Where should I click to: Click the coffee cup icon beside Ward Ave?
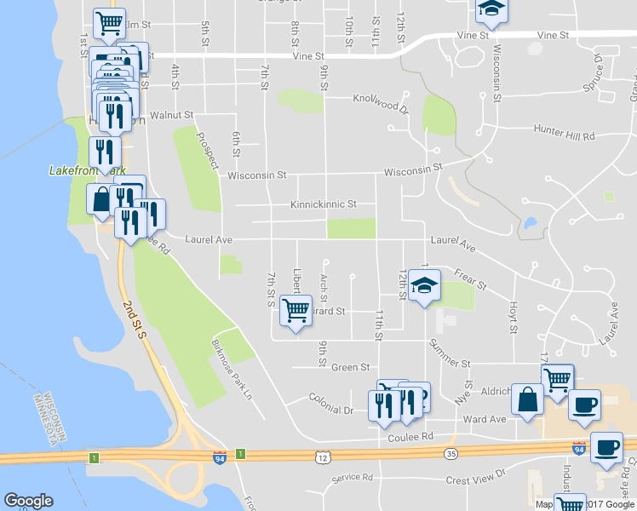584,405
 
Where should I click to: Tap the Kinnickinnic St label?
323,205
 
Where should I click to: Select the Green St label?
351,367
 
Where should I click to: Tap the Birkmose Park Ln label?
232,370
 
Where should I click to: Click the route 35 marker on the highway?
450,454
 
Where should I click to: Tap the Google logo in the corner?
29,500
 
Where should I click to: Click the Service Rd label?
353,478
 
